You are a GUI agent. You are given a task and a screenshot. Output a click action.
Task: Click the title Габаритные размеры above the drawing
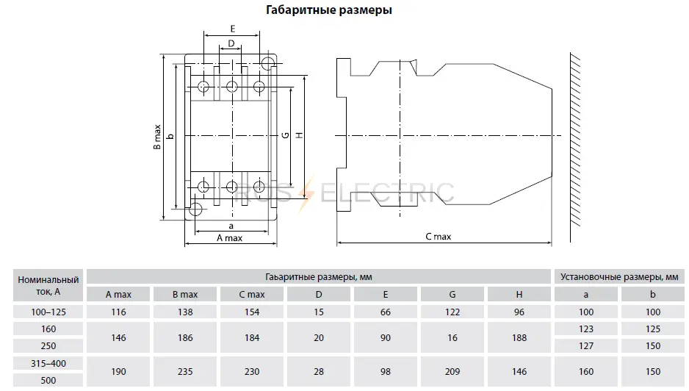[x=328, y=10]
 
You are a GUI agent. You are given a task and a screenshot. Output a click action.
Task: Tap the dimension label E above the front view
[x=232, y=29]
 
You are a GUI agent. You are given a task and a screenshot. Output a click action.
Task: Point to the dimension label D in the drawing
[x=231, y=43]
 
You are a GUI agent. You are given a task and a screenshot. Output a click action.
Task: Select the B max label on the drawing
[x=157, y=137]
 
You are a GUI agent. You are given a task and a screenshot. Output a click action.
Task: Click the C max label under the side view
[x=438, y=237]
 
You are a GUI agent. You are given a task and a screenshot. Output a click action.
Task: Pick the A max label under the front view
[x=229, y=238]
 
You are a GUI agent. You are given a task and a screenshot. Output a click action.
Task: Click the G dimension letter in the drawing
[x=286, y=135]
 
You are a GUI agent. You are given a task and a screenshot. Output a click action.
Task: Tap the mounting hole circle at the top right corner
[x=267, y=63]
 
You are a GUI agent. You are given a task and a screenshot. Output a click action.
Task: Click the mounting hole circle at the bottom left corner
[x=195, y=209]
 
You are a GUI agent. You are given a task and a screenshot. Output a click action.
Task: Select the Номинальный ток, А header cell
[x=48, y=285]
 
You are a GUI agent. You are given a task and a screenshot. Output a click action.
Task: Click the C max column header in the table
[x=252, y=295]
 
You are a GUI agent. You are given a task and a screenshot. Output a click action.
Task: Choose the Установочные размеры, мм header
[x=619, y=276]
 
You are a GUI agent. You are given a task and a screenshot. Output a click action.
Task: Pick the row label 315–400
[x=48, y=363]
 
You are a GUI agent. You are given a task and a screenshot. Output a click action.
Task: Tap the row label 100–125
[x=48, y=312]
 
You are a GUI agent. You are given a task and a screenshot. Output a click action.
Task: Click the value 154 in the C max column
[x=252, y=312]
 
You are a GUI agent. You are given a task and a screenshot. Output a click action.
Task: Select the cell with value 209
[x=452, y=372]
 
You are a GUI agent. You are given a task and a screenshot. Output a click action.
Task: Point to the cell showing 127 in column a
[x=585, y=345]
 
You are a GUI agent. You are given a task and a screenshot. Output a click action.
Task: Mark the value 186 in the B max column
[x=185, y=337]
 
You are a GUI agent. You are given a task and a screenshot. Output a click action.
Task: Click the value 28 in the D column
[x=319, y=372]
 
